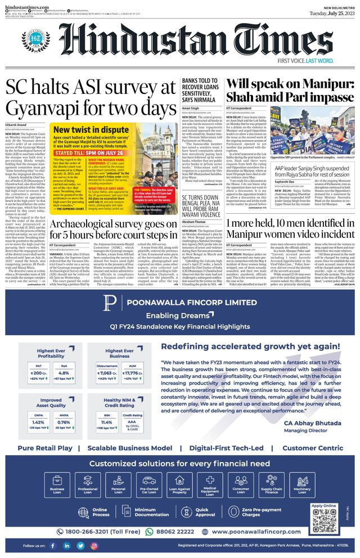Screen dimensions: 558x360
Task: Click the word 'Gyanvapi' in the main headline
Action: [x=46, y=107]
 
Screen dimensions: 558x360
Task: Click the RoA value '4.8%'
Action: [x=64, y=372]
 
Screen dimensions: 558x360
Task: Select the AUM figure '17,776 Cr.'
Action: [x=130, y=372]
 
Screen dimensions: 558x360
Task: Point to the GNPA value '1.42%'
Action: [x=38, y=422]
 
